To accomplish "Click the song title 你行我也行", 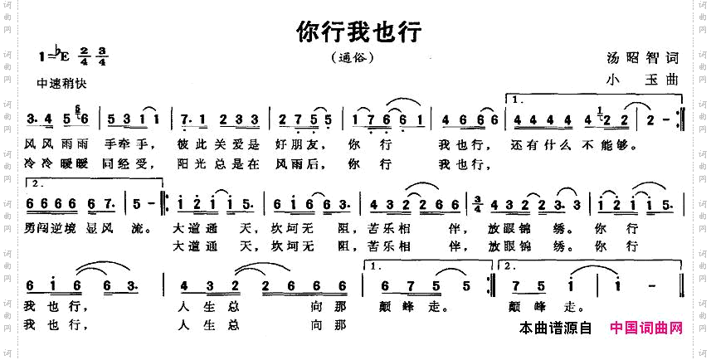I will tap(359, 32).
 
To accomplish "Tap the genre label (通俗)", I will tap(354, 59).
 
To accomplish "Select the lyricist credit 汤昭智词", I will tap(643, 58).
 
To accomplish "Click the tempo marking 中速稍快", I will tap(62, 84).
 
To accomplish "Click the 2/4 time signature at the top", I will tap(85, 58).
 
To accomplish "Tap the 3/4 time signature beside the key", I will tap(103, 58).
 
